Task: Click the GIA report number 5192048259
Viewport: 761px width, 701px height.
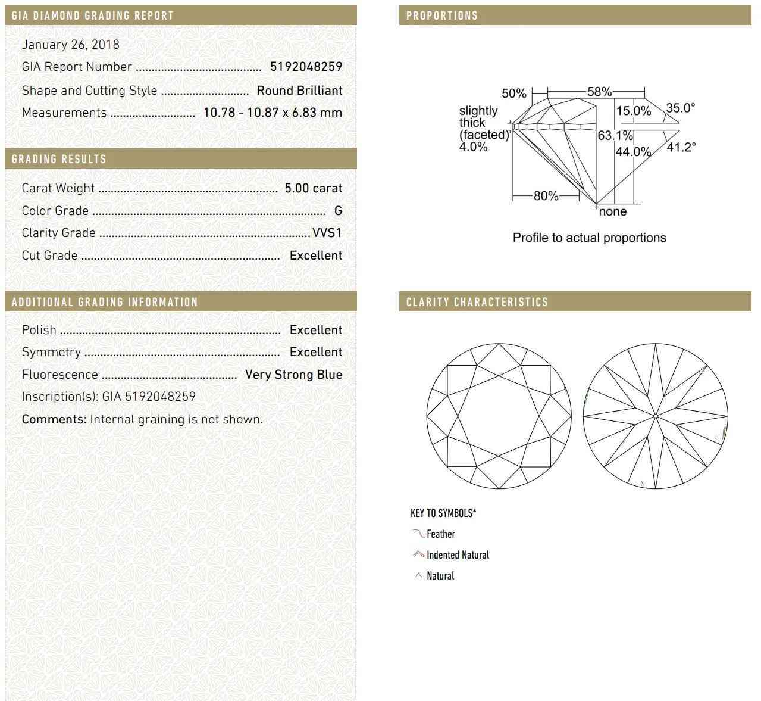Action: pos(306,67)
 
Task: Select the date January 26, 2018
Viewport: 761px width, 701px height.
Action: pos(70,45)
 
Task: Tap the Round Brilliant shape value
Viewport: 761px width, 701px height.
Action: pos(299,91)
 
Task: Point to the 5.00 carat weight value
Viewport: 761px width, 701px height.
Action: pos(313,188)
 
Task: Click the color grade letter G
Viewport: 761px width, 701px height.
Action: pos(338,211)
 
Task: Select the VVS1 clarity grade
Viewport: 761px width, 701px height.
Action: pos(327,233)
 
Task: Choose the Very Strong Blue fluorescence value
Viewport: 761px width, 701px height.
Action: pos(293,375)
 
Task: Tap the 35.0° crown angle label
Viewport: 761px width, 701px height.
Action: pos(680,108)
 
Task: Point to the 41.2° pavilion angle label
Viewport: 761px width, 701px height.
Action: pos(681,147)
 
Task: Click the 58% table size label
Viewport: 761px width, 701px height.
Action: pos(599,92)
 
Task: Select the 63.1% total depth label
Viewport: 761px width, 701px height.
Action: pos(615,136)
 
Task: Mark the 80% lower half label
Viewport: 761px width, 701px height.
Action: pos(546,196)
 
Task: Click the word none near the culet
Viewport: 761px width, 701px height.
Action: pos(613,212)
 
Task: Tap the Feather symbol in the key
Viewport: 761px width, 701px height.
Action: pos(418,533)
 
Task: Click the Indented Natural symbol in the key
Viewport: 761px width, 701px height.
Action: pos(418,554)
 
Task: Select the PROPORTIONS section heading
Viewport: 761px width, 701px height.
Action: pos(442,15)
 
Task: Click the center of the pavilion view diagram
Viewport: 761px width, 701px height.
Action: pos(655,416)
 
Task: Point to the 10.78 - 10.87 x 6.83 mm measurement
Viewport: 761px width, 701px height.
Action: pos(273,113)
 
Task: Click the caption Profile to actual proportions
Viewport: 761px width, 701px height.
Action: pos(589,238)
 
